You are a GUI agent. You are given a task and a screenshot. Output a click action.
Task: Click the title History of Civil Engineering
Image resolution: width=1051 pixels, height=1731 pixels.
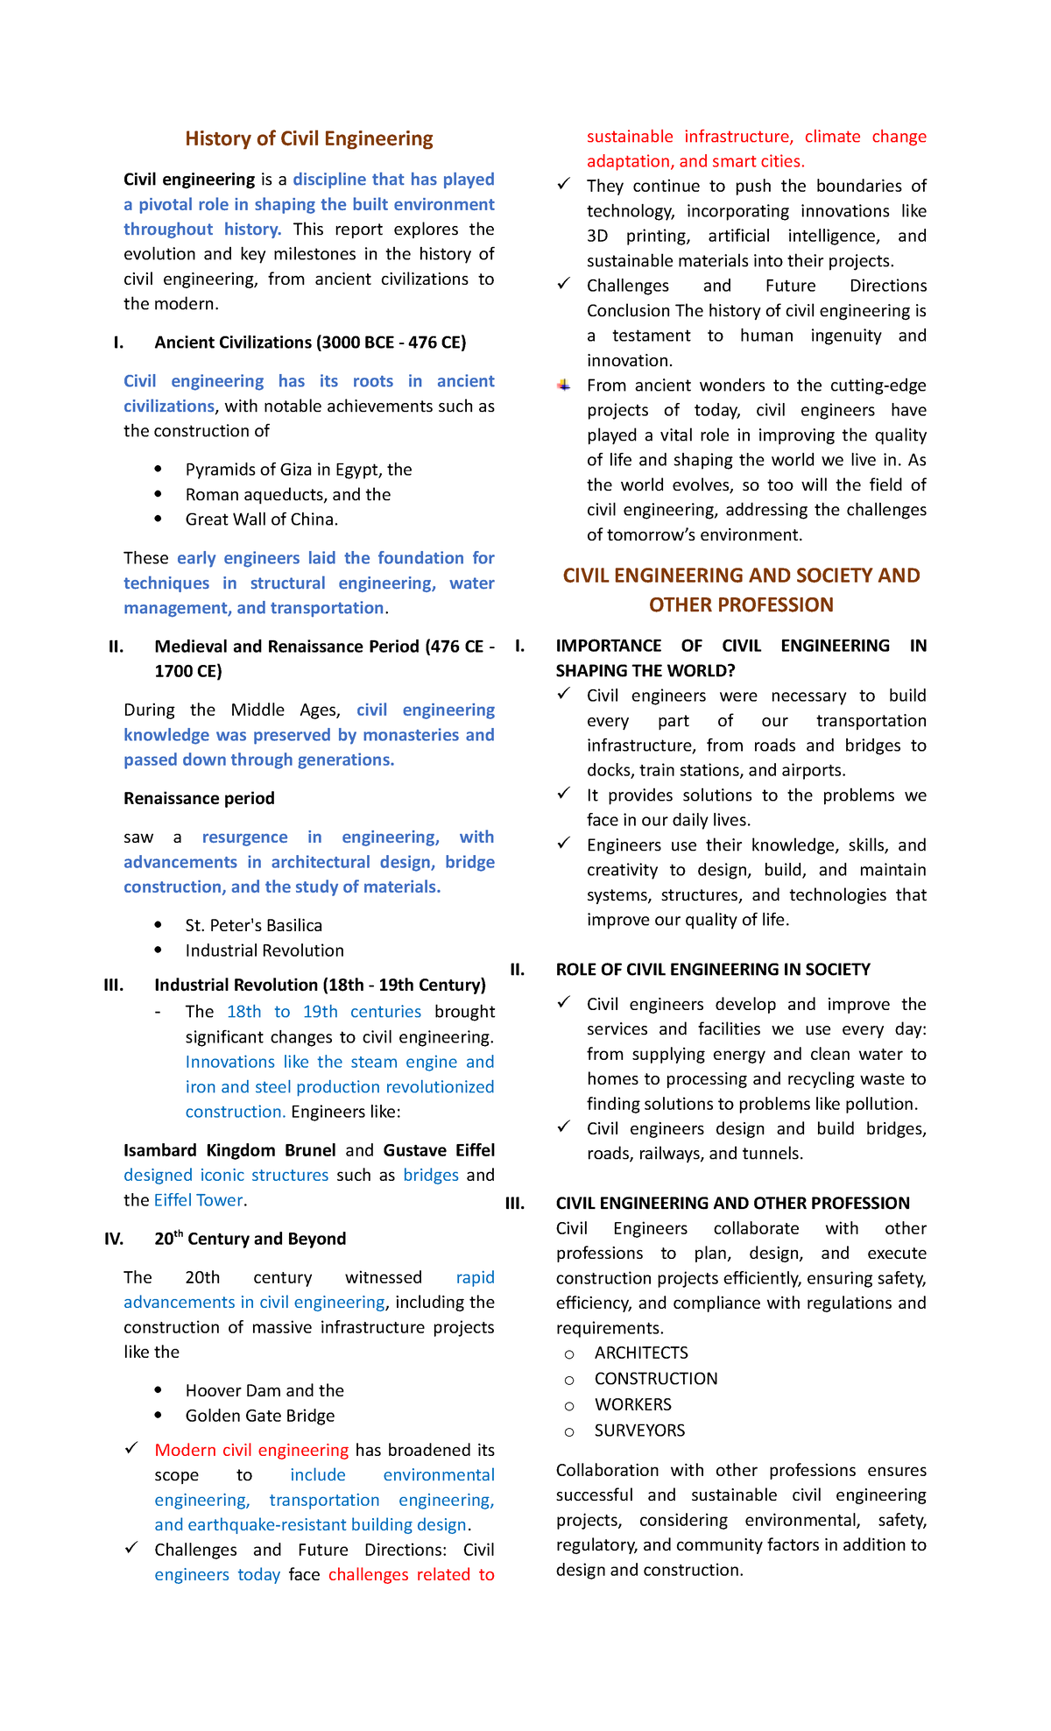(x=308, y=138)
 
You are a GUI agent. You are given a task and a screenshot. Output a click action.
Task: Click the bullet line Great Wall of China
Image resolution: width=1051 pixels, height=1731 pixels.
(x=261, y=519)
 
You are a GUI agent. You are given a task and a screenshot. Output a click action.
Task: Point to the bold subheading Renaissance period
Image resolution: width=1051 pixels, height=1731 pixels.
(x=199, y=798)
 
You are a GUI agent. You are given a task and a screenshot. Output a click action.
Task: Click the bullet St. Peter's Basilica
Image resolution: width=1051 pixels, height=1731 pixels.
(x=253, y=926)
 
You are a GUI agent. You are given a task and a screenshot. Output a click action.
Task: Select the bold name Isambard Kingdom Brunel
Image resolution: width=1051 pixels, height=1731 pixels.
(x=229, y=1150)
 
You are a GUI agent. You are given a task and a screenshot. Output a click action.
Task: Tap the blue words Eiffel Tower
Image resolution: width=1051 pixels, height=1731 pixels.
(x=198, y=1200)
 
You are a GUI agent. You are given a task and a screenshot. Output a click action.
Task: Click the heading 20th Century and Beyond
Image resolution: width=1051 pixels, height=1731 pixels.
(x=250, y=1239)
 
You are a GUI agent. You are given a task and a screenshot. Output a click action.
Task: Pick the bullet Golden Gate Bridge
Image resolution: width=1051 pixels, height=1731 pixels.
(x=259, y=1416)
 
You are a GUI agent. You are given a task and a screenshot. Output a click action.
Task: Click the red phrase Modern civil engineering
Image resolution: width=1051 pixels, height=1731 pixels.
(x=251, y=1450)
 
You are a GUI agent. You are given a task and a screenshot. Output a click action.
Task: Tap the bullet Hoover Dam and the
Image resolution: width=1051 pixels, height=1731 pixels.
(x=264, y=1390)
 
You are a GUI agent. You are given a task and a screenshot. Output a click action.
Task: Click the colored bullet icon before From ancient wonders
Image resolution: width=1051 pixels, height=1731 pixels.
(x=564, y=385)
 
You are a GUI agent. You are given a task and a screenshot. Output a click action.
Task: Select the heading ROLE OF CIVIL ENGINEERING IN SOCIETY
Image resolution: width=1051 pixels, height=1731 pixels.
(x=713, y=970)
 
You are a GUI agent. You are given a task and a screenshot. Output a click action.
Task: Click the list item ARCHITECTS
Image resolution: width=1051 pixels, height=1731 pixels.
(x=641, y=1353)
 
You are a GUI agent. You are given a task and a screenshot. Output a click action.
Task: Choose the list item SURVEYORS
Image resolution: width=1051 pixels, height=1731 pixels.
(x=639, y=1431)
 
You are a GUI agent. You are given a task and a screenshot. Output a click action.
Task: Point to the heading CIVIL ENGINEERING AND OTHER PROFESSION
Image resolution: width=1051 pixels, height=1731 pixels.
(x=732, y=1204)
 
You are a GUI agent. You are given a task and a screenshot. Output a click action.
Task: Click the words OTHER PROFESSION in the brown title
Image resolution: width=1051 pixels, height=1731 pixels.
(x=741, y=605)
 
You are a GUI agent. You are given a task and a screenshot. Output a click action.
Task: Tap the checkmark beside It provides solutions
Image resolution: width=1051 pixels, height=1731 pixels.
(x=564, y=794)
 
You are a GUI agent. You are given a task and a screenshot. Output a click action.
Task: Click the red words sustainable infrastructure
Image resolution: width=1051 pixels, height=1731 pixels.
(x=689, y=137)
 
